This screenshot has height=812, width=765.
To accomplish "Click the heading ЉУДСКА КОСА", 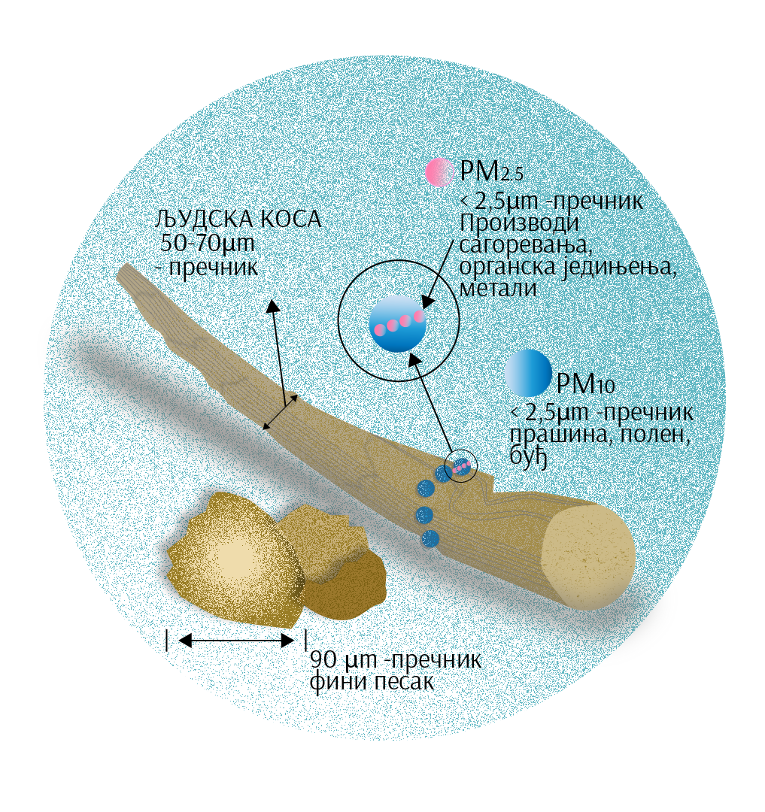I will (236, 220).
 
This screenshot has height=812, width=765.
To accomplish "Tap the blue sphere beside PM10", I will (528, 373).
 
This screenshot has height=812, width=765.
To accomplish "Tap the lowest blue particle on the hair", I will (430, 538).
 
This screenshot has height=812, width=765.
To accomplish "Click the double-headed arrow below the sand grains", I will (236, 641).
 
